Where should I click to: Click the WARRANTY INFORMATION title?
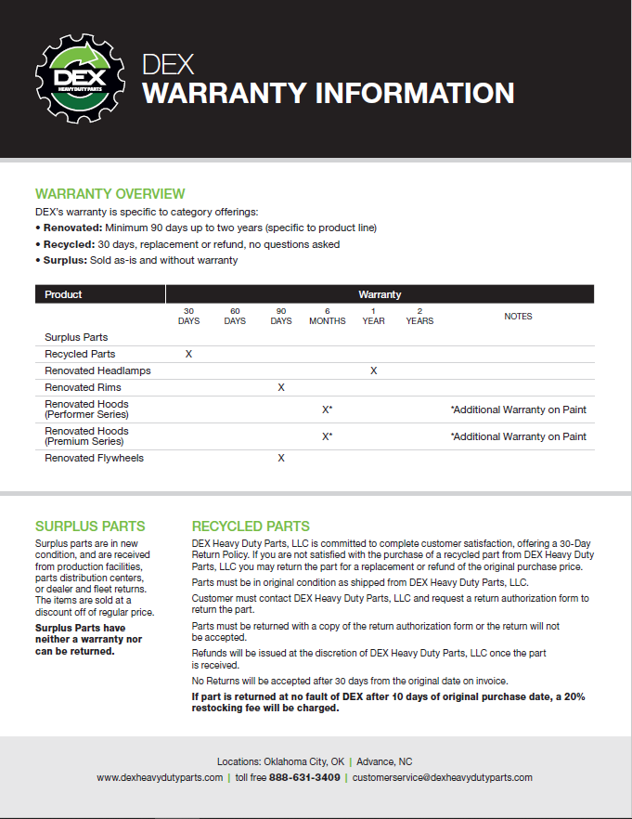tap(328, 94)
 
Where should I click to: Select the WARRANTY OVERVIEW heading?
tap(110, 194)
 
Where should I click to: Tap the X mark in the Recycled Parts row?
tap(188, 354)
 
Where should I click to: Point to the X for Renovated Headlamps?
tap(373, 370)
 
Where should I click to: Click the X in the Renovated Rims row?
tap(281, 387)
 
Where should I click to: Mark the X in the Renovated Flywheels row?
tap(281, 458)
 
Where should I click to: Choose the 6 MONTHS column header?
tap(327, 316)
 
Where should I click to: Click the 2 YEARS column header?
tap(419, 316)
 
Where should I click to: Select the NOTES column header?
tap(518, 317)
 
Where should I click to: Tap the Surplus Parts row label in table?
tap(76, 337)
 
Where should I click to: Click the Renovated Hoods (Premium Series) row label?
tap(86, 436)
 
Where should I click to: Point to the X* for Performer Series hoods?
tap(327, 409)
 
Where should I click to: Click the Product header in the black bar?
tap(63, 294)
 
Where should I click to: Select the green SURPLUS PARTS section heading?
tap(90, 526)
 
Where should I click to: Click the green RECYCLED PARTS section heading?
tap(251, 526)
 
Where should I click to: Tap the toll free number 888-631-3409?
tap(304, 777)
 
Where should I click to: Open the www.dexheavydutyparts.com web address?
tap(160, 777)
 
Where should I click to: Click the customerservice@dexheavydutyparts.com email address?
tap(442, 777)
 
